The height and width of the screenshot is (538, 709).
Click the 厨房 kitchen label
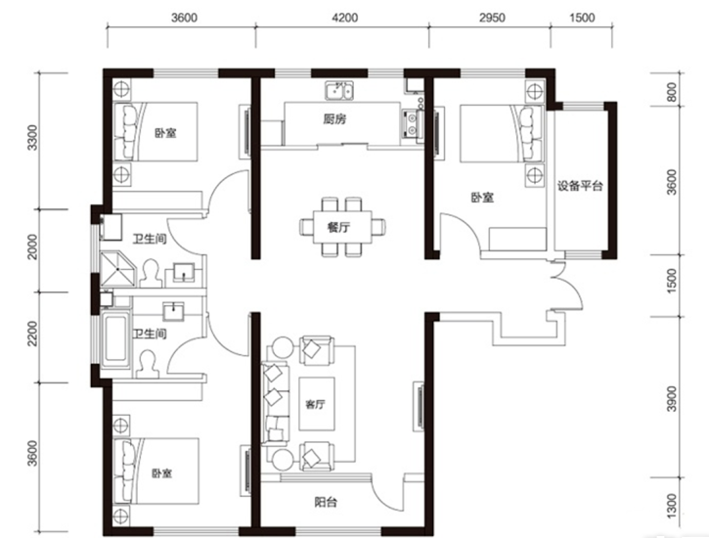point(334,119)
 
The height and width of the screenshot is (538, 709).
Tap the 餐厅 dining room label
point(338,227)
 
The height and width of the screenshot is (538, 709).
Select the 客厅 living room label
point(315,404)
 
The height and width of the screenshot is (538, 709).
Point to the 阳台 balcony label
point(326,502)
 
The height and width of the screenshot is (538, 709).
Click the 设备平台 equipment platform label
point(580,186)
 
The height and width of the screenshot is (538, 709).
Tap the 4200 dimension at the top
point(344,18)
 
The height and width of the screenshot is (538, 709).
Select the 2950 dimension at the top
point(492,18)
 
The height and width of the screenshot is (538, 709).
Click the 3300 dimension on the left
point(31,138)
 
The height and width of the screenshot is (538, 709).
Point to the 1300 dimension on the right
point(673,507)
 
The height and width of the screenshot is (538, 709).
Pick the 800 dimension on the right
point(673,92)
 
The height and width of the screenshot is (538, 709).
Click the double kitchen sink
point(339,90)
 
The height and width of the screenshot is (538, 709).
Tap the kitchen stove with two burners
point(412,124)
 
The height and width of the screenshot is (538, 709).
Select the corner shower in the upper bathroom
point(117,269)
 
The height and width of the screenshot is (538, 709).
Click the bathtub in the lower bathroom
point(115,338)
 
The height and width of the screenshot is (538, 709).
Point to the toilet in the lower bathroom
point(149,364)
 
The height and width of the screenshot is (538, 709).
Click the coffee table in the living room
point(317,404)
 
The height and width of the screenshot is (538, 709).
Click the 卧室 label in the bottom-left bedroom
point(161,473)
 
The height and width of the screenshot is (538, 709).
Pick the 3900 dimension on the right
point(673,398)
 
